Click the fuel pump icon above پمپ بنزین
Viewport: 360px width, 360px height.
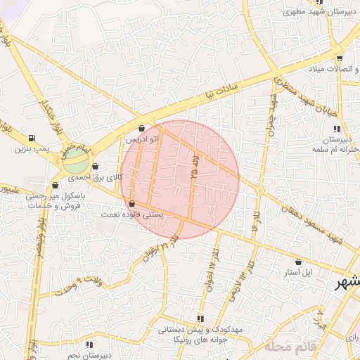click(x=32, y=138)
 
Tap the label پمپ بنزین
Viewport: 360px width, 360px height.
click(x=32, y=149)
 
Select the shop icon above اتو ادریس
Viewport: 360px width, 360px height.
click(x=143, y=129)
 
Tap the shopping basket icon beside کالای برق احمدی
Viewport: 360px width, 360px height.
click(x=95, y=167)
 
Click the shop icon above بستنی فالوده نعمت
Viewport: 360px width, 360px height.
click(x=132, y=204)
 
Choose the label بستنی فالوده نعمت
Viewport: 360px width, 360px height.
click(x=132, y=214)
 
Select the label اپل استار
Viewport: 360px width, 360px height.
click(x=299, y=271)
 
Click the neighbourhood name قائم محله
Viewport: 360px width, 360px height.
click(x=288, y=347)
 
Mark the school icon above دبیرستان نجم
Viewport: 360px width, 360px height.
click(x=89, y=345)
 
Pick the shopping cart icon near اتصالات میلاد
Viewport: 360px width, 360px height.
click(x=340, y=58)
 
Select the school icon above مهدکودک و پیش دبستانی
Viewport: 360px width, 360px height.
click(x=202, y=319)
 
